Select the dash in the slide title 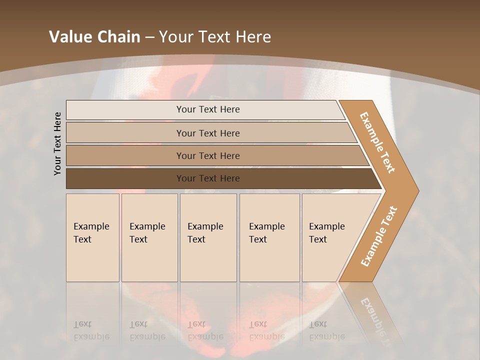149,37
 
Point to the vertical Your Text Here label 57,143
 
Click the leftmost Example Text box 92,237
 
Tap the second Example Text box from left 149,237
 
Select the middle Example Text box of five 208,237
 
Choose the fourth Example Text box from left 269,237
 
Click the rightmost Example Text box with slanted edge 330,237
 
